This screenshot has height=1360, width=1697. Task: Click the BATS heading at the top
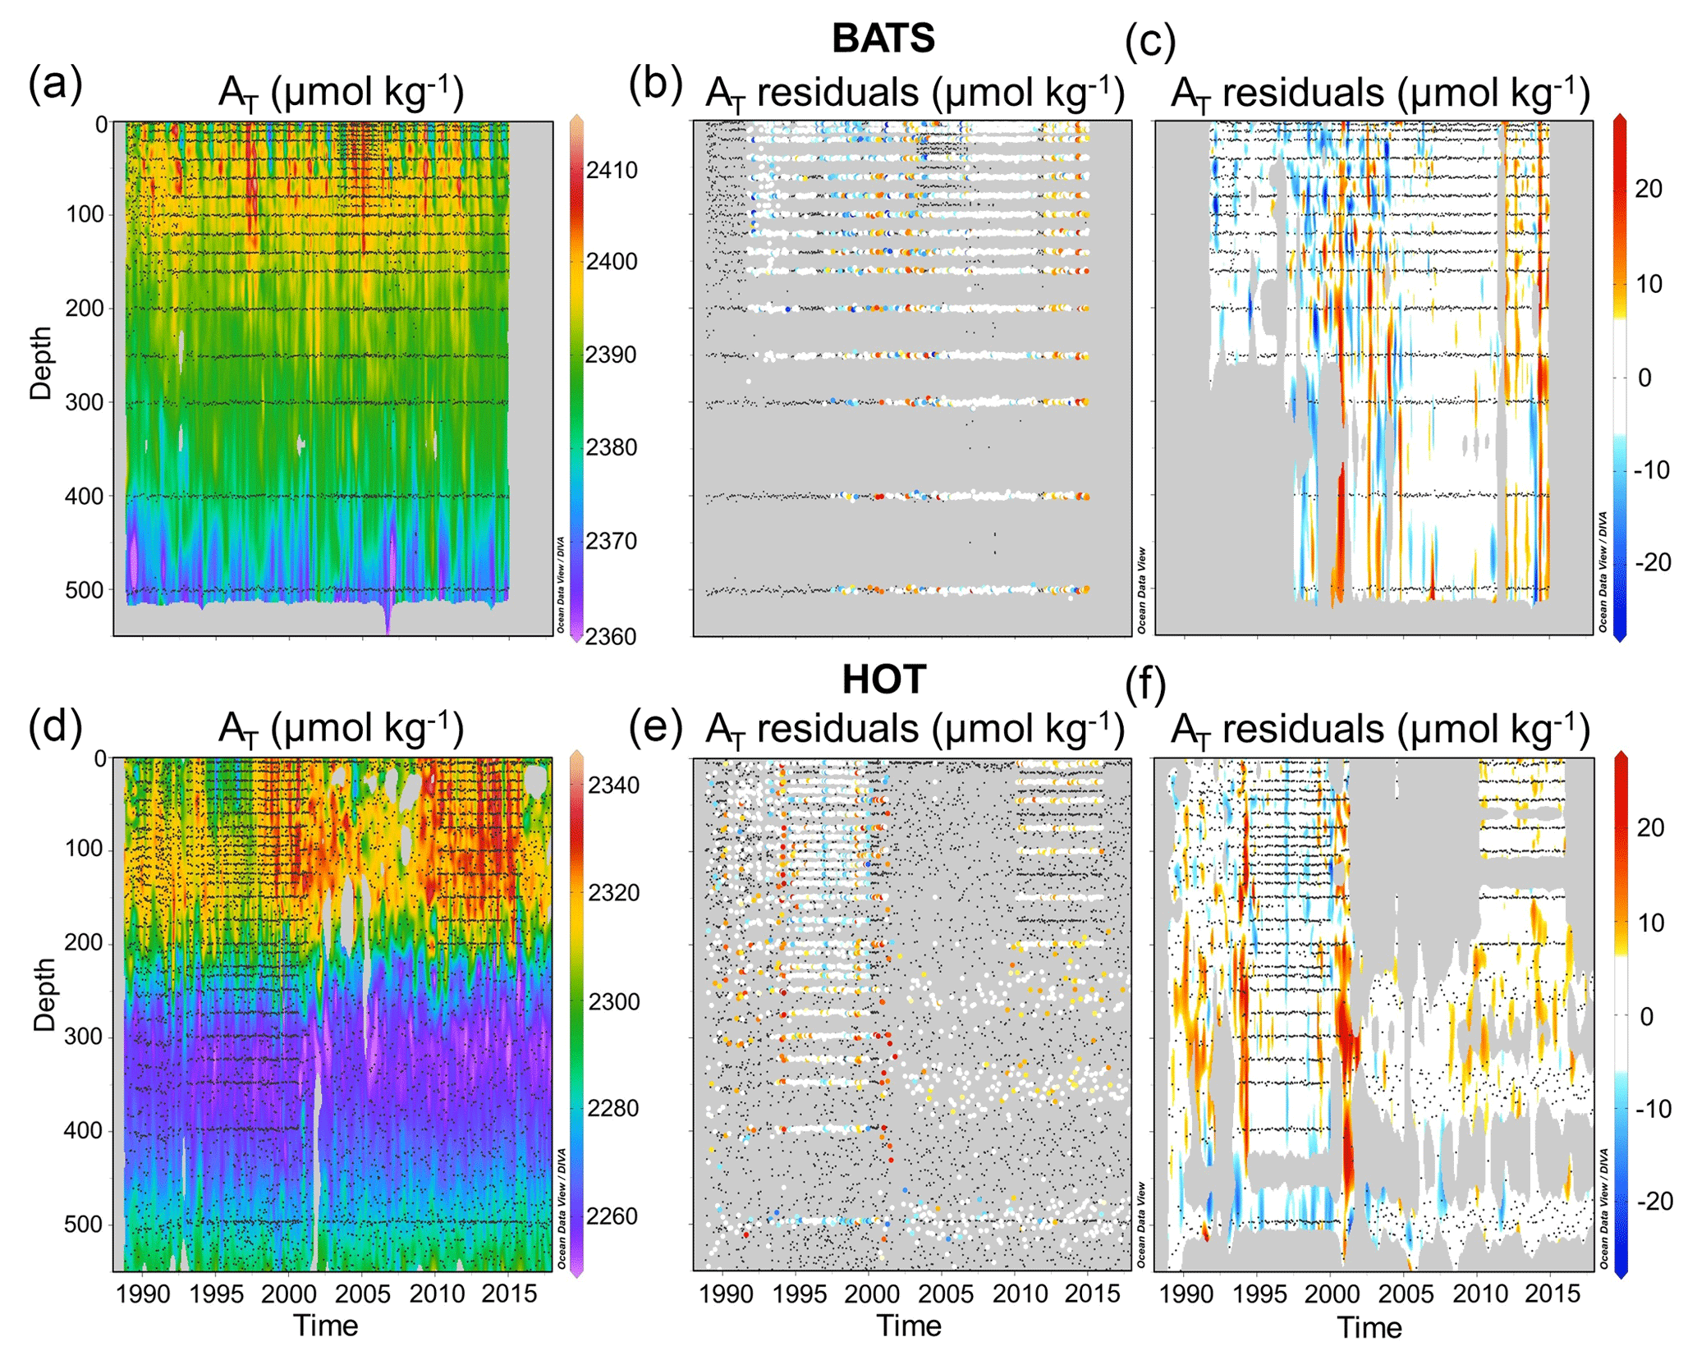(x=883, y=39)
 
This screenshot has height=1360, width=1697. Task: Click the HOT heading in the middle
(x=883, y=680)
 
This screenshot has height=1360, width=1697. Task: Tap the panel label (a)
(x=55, y=84)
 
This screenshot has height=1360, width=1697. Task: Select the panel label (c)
(x=1150, y=41)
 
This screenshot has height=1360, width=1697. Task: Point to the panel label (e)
(x=655, y=726)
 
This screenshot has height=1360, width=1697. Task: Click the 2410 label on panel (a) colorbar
(x=612, y=170)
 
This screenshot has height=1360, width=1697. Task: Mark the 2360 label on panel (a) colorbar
(x=611, y=637)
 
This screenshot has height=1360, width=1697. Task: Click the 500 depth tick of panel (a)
(x=85, y=590)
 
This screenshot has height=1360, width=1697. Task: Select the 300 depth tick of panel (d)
(x=85, y=1037)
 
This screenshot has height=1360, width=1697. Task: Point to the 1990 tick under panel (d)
(x=143, y=1294)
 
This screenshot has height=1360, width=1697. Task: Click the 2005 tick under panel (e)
(x=945, y=1294)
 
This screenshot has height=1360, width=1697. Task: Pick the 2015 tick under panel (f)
(x=1552, y=1294)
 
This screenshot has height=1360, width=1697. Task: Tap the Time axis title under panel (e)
(x=909, y=1326)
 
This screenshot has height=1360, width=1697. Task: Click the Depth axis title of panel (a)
(x=41, y=364)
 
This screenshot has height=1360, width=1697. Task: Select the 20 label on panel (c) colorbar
(x=1649, y=189)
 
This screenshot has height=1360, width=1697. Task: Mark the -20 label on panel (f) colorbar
(x=1652, y=1201)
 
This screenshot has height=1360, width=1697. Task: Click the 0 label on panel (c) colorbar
(x=1644, y=378)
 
